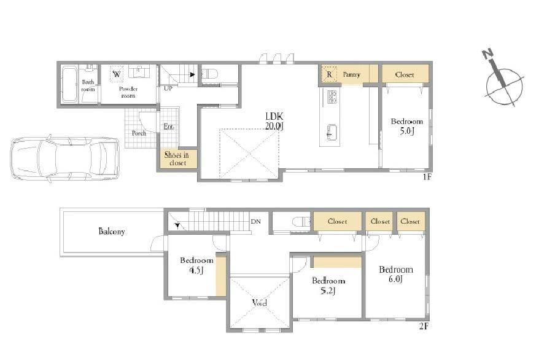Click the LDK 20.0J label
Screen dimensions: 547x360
(x=274, y=121)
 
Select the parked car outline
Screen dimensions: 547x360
(x=64, y=159)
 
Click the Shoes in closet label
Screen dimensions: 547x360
(x=177, y=159)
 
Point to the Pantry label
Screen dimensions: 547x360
(x=351, y=74)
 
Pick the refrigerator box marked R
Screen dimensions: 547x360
(x=329, y=74)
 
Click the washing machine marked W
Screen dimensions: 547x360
(x=117, y=74)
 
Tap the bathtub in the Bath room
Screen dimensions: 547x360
(x=69, y=85)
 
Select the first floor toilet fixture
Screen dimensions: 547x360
(x=210, y=74)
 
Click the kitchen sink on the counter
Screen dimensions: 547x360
(x=332, y=132)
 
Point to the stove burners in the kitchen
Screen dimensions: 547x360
(x=332, y=97)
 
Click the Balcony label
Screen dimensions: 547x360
(x=112, y=231)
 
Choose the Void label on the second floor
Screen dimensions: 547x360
(x=260, y=303)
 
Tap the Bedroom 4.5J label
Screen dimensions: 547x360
(x=196, y=265)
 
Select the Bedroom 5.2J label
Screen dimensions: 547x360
(x=328, y=286)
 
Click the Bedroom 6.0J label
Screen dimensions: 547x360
(x=396, y=274)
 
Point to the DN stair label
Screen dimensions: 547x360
(x=256, y=221)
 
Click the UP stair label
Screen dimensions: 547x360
(x=168, y=88)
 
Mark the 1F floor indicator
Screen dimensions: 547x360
(x=427, y=177)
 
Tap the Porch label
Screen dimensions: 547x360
(x=139, y=133)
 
